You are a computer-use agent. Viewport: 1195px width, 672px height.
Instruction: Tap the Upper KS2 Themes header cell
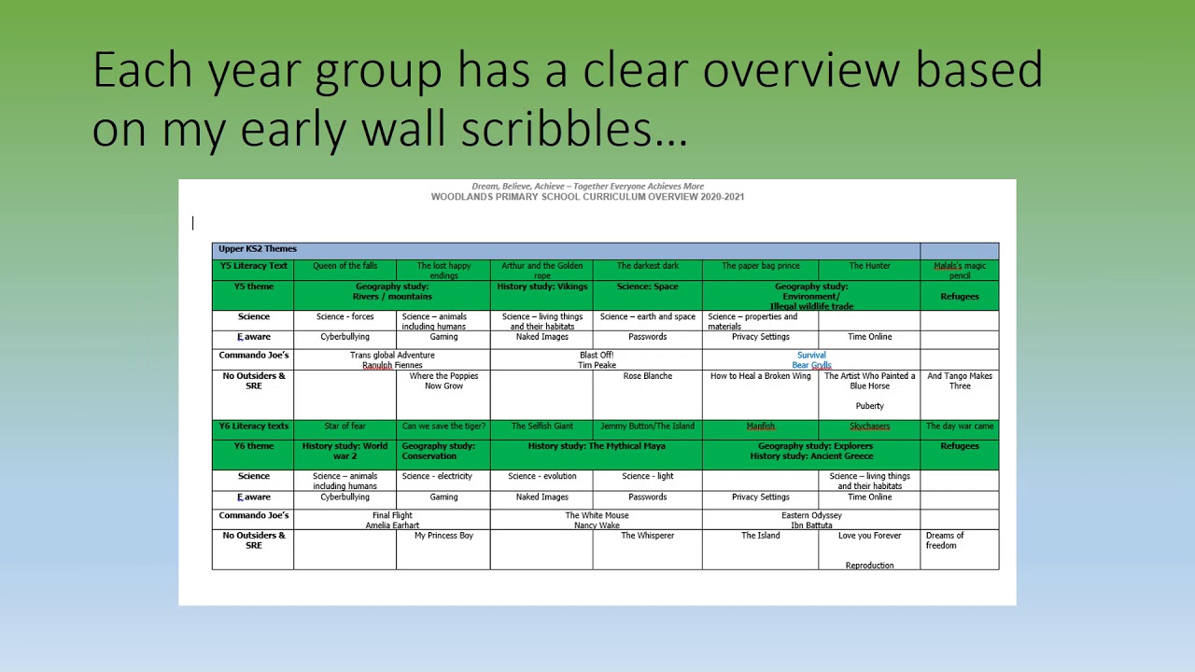pos(258,249)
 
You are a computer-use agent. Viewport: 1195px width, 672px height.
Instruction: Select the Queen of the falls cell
pos(344,266)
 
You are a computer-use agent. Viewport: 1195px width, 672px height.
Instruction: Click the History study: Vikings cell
pos(541,287)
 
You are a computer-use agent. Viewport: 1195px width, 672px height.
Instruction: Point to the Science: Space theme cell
pos(647,287)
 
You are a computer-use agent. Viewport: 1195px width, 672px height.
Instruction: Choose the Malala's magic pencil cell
pos(959,271)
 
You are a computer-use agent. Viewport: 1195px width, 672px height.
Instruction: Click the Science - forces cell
pos(344,317)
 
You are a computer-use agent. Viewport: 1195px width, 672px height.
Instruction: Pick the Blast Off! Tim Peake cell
pos(597,360)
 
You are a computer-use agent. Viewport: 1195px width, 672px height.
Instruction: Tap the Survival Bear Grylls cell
pos(811,360)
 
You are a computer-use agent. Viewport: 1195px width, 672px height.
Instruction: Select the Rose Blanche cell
pos(647,376)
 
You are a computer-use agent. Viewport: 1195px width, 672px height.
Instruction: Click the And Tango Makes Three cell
pos(959,381)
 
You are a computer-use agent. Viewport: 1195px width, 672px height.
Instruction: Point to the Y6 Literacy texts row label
pos(253,427)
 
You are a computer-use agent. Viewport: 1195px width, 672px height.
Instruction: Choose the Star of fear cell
pos(344,427)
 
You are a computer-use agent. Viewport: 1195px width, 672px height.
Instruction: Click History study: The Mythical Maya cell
pos(597,446)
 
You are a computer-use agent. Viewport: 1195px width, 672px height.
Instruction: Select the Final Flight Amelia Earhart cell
pos(392,520)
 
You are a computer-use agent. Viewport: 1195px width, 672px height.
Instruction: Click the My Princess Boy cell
pos(443,536)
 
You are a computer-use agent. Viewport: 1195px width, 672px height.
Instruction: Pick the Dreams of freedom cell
pos(945,540)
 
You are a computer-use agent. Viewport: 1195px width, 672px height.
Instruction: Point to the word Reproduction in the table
pos(869,566)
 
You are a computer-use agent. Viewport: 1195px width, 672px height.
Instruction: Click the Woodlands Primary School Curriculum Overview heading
pos(587,197)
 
